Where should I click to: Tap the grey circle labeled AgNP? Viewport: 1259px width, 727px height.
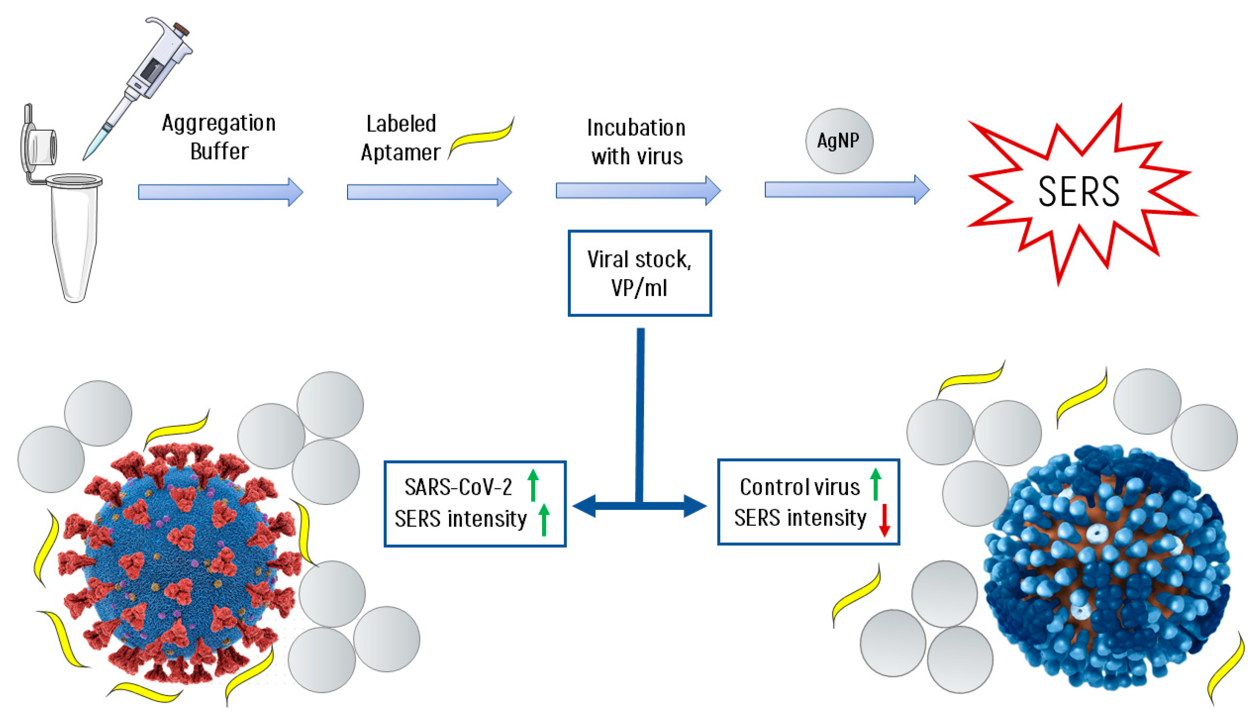838,141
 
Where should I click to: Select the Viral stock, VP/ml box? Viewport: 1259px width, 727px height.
639,273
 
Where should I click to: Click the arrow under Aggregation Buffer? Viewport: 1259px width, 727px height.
220,192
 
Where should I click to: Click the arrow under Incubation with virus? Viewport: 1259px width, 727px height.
638,190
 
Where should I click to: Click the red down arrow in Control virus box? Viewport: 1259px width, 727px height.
884,520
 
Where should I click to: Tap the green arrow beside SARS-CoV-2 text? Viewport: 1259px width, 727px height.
533,484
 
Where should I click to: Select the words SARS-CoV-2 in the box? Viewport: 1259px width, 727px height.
458,487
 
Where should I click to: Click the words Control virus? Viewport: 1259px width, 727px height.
799,487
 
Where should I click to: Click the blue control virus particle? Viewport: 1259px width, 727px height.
1108,569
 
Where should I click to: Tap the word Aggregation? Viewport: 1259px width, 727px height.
219,123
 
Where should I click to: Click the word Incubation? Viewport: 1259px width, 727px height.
636,128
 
